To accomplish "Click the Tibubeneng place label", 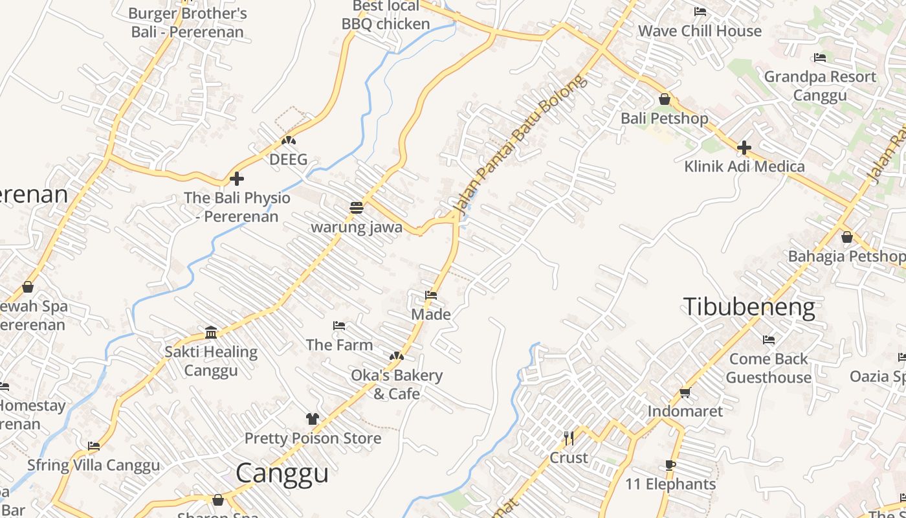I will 749,306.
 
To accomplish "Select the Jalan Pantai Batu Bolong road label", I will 520,145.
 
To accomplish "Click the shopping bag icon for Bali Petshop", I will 664,99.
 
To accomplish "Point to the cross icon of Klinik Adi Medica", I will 744,148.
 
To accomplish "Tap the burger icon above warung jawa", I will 356,208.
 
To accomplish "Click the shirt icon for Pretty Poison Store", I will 313,419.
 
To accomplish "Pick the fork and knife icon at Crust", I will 568,438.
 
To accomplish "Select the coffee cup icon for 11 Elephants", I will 670,465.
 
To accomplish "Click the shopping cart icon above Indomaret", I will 685,392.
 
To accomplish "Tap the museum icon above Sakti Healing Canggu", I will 211,333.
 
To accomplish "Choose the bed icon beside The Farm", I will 338,326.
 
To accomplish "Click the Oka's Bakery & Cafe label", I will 397,385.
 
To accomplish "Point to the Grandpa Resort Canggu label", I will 820,85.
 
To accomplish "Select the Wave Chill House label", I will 700,31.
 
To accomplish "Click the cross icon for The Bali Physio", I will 237,179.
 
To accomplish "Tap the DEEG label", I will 288,159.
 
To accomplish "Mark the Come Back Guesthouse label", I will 769,368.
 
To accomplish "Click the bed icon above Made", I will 431,295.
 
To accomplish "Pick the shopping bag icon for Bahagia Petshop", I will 846,237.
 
